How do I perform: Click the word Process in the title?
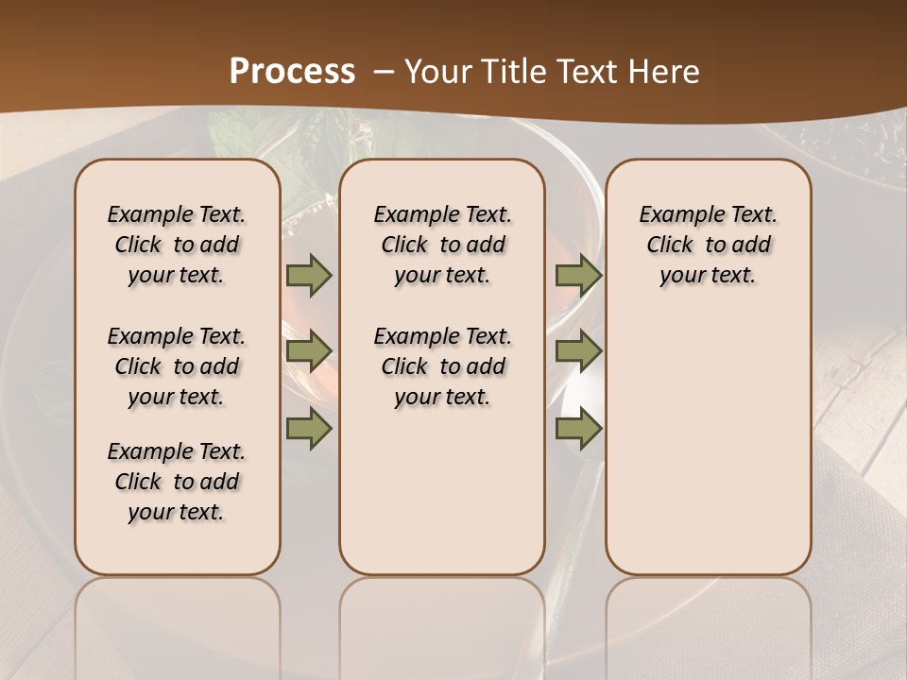[292, 71]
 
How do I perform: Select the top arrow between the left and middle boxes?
[309, 275]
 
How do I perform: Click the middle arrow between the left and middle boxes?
[309, 351]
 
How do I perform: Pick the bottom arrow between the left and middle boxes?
[309, 430]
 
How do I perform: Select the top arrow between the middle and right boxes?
[578, 275]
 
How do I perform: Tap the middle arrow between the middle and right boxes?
[578, 351]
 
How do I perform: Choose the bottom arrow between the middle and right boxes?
[578, 430]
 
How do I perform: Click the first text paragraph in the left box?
[177, 245]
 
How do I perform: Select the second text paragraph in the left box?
[177, 366]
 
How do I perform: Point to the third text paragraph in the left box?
[177, 482]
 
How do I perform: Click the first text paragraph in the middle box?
[443, 245]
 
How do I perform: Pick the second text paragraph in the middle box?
[443, 366]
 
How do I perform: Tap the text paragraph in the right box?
[709, 245]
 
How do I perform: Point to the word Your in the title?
[438, 72]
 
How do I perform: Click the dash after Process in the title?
[384, 72]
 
